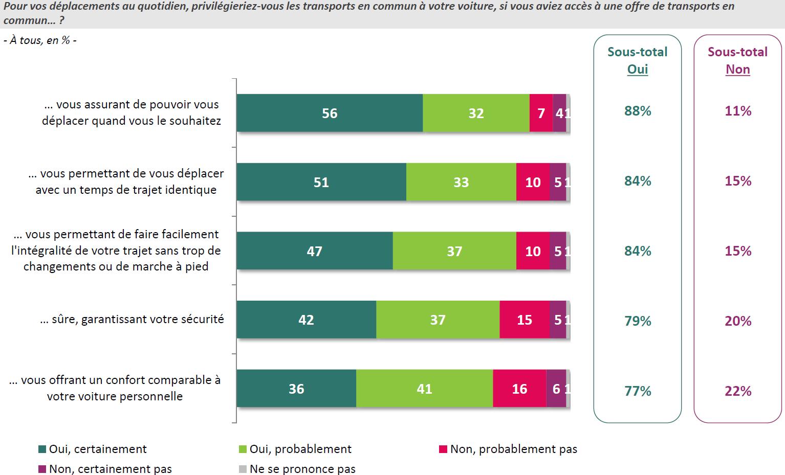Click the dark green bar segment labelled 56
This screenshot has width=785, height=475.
330,113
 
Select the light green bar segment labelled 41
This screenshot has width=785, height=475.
424,389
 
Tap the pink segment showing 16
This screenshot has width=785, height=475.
519,389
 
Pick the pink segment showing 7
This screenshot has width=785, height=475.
541,113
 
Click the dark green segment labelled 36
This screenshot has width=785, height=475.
296,389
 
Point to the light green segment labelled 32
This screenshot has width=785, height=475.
476,113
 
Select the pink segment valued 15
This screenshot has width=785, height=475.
525,320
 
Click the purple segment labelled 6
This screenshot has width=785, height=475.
556,389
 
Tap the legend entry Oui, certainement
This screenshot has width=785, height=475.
93,449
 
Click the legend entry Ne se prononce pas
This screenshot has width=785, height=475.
297,469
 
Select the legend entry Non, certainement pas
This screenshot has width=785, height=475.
105,469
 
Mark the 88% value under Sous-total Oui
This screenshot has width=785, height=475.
638,111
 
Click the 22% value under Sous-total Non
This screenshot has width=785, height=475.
738,391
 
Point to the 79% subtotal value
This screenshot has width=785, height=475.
638,321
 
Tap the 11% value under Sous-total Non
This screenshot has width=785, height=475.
738,111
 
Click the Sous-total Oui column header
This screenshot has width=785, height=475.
638,60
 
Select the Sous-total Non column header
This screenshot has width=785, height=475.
738,60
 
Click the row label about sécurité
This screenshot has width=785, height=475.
132,320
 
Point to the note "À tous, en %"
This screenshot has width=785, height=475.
40,40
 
